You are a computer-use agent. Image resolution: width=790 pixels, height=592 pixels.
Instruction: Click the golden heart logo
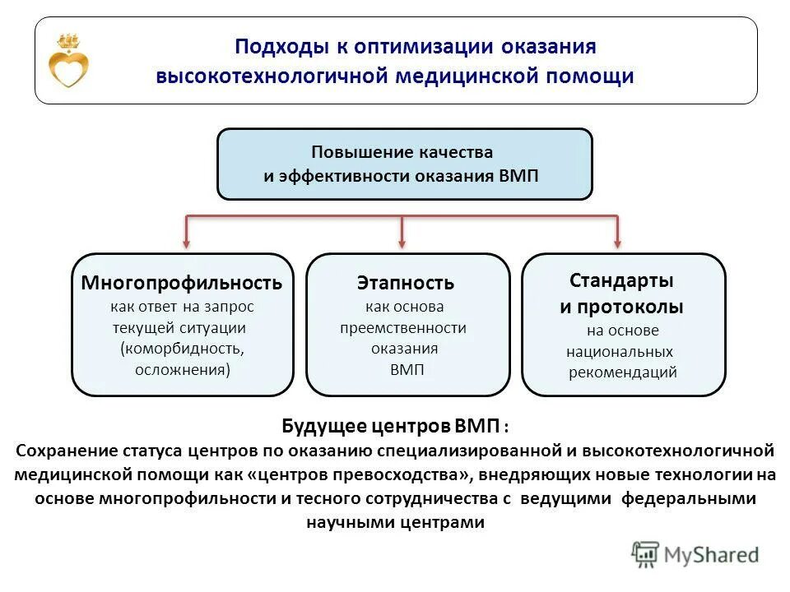68,62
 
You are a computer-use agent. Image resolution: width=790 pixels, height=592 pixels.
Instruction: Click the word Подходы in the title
275,46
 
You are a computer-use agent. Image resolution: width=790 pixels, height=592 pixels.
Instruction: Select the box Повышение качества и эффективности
404,164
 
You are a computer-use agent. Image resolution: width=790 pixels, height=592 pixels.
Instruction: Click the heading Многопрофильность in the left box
182,284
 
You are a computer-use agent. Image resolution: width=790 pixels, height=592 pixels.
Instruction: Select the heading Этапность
405,284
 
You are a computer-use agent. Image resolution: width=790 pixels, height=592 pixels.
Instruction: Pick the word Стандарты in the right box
621,280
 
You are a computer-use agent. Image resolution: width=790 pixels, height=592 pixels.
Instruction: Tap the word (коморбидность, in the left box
182,348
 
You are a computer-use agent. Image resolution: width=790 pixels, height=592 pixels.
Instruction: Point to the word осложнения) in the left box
183,369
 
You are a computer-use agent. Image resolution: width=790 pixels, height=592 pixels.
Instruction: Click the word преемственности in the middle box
403,327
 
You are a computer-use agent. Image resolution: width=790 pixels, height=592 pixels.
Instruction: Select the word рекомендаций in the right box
623,372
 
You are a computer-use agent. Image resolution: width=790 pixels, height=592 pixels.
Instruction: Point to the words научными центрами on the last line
396,522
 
